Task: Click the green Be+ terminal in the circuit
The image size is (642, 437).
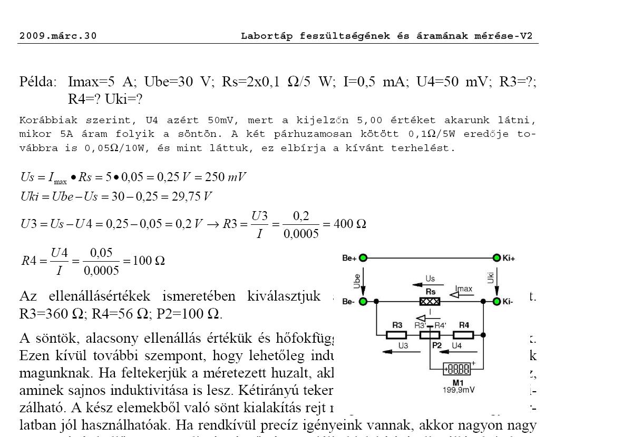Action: point(363,258)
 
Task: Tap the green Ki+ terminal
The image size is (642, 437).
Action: point(497,258)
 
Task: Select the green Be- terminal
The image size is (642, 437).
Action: point(363,302)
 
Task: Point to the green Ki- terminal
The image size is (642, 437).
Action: point(497,302)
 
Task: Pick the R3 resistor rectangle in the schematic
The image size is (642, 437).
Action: point(397,334)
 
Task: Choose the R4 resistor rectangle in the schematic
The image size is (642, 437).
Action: point(464,334)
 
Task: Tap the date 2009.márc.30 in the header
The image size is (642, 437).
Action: point(58,36)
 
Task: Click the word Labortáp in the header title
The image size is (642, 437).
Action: point(267,36)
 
